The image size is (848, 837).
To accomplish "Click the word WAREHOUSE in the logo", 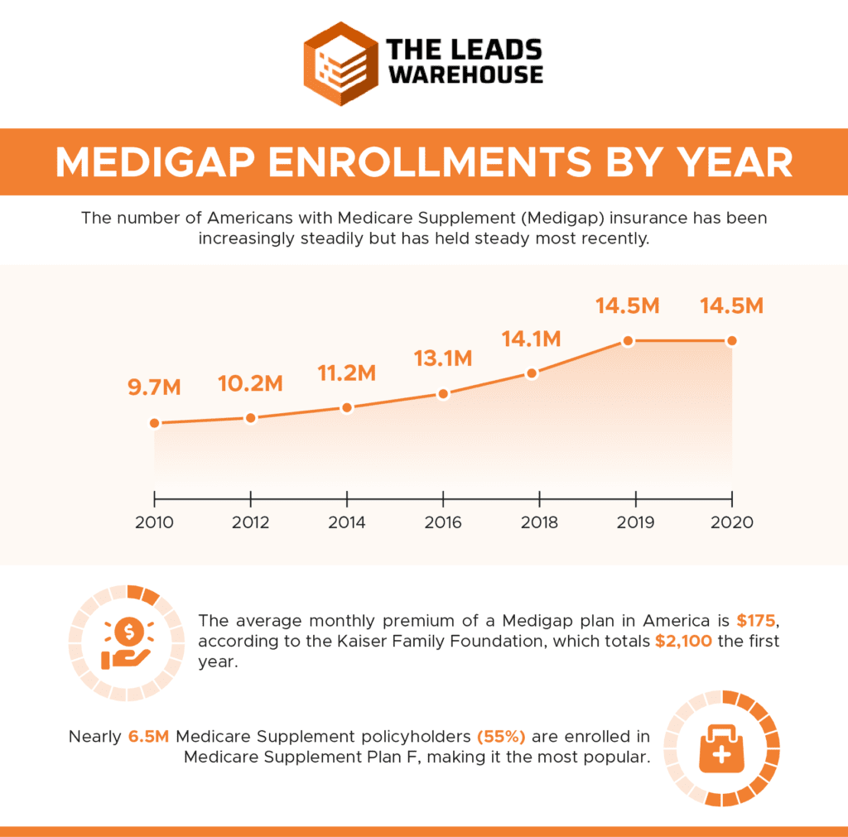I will coord(466,74).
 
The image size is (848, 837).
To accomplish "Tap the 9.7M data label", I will coord(154,388).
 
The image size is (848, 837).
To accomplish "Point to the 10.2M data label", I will coord(250,383).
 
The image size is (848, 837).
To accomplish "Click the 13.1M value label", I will coord(443,358).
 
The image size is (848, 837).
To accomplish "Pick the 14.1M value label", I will coord(532,339).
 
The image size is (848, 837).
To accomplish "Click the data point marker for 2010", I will coord(154,423).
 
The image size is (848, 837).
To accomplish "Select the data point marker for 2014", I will coord(347,407).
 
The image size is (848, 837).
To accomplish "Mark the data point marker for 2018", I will coord(532,373).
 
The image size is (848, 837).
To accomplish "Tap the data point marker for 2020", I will coord(731,341).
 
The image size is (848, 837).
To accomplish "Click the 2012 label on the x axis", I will coord(250,523).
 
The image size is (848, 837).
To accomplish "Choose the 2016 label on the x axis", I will coord(443,523).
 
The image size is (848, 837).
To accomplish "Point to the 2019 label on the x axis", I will coord(635,523).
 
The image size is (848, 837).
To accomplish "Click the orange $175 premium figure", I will coord(759,620).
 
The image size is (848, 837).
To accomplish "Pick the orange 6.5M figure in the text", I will coord(150,736).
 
